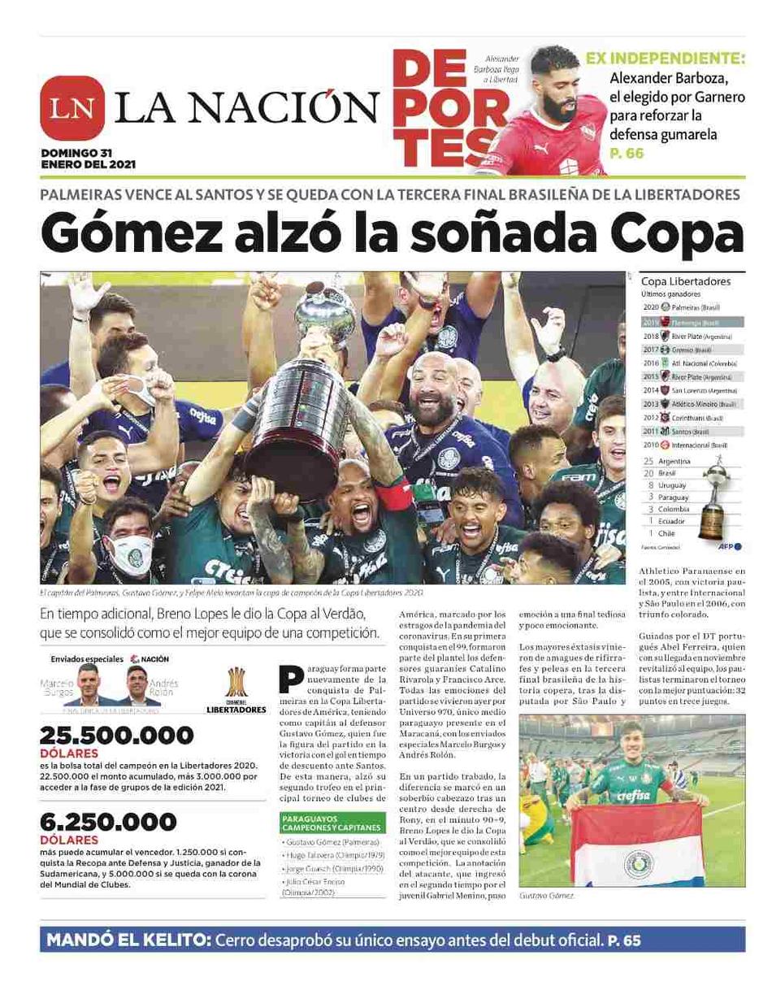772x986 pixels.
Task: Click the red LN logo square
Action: point(72,107)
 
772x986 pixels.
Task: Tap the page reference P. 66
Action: point(627,153)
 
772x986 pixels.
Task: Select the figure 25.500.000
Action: point(117,736)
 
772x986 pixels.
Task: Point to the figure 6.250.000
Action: point(107,822)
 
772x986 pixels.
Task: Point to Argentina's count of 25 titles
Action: point(648,461)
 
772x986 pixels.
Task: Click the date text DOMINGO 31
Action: point(76,152)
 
